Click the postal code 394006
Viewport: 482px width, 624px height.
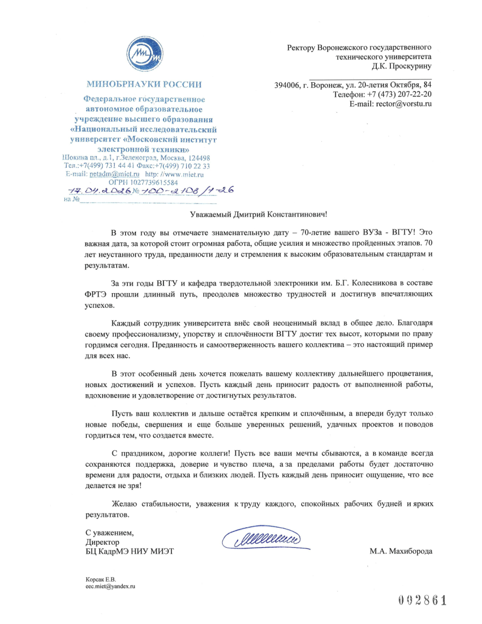pyautogui.click(x=286, y=84)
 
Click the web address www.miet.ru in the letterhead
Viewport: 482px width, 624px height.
pyautogui.click(x=183, y=174)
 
